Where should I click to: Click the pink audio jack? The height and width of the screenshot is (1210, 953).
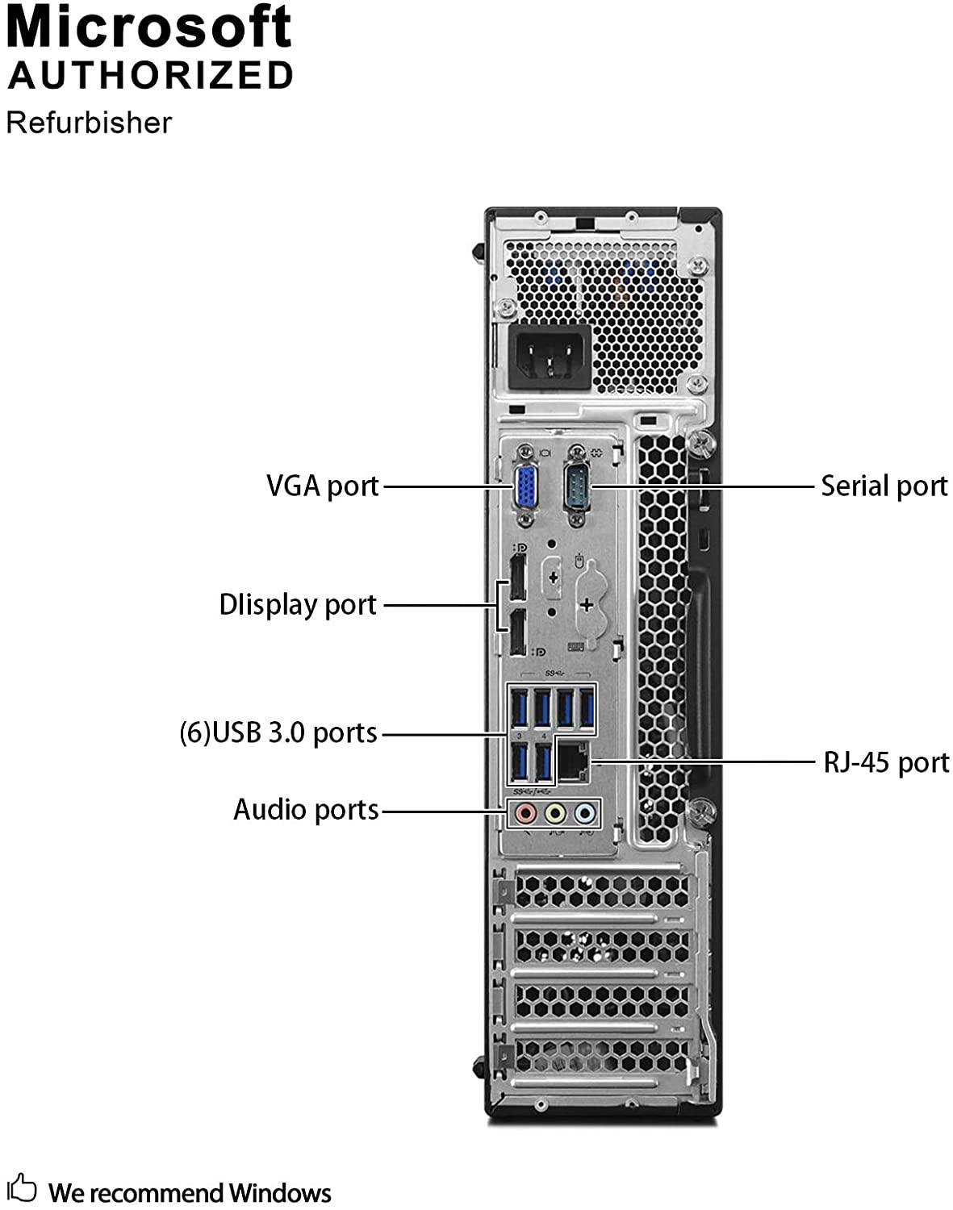pos(525,813)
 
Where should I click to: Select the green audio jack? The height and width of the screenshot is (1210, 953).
pos(554,813)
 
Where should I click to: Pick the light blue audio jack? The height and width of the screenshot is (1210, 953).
pos(583,813)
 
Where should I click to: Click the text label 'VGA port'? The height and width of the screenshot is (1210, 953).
pos(323,486)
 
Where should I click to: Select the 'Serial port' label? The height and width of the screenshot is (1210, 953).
pos(884,486)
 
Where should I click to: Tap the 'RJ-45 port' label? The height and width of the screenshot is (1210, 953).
pos(886,762)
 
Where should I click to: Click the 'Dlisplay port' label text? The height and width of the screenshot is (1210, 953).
pos(298,605)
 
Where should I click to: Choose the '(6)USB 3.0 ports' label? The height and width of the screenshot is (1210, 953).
pos(278,733)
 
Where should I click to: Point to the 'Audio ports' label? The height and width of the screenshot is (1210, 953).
pos(306,809)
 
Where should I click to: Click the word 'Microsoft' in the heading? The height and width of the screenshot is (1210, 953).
pos(149,27)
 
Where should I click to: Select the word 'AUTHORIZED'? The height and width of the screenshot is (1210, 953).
pos(151,76)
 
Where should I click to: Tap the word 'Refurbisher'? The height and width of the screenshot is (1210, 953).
pos(89,123)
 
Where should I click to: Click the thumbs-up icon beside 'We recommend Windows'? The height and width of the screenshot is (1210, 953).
pos(23,1189)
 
